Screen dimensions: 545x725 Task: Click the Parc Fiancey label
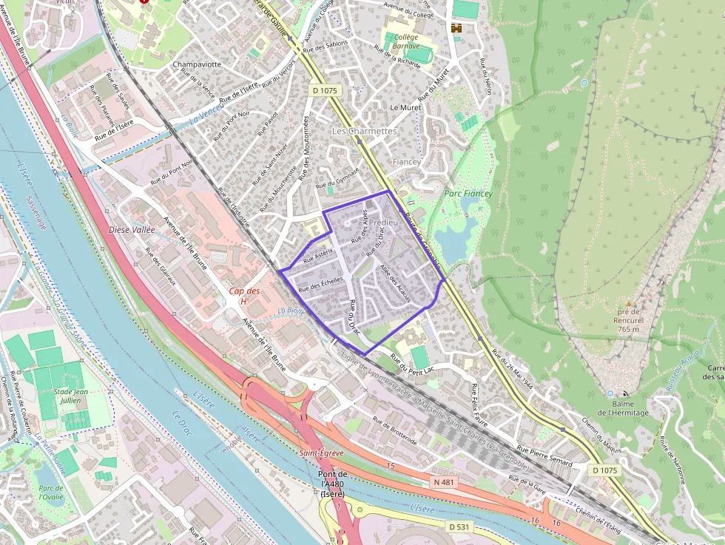(x=468, y=194)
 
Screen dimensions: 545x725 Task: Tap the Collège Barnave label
(x=406, y=41)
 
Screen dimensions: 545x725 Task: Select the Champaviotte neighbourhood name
(x=197, y=64)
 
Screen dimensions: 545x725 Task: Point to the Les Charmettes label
(x=364, y=131)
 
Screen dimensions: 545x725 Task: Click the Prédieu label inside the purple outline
(x=382, y=222)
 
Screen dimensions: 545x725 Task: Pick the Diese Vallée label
(x=132, y=229)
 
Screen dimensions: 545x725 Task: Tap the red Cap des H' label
(x=244, y=296)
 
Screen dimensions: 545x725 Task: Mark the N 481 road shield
(x=442, y=481)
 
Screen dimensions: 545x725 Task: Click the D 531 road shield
(x=459, y=527)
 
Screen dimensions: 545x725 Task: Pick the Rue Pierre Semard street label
(x=544, y=456)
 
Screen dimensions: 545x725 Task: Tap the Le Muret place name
(x=405, y=107)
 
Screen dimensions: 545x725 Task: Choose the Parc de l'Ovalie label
(x=51, y=492)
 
